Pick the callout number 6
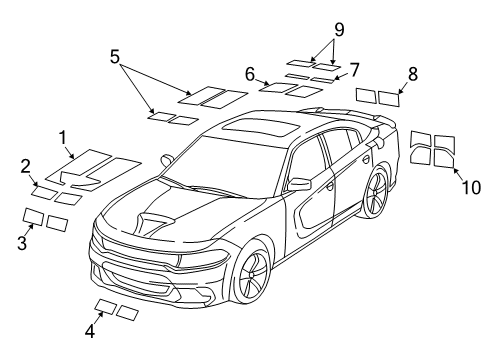pyautogui.click(x=250, y=72)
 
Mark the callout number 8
pyautogui.click(x=412, y=73)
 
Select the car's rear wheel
pyautogui.click(x=376, y=192)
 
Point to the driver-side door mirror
pyautogui.click(x=298, y=185)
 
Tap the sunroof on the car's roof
pyautogui.click(x=255, y=127)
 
